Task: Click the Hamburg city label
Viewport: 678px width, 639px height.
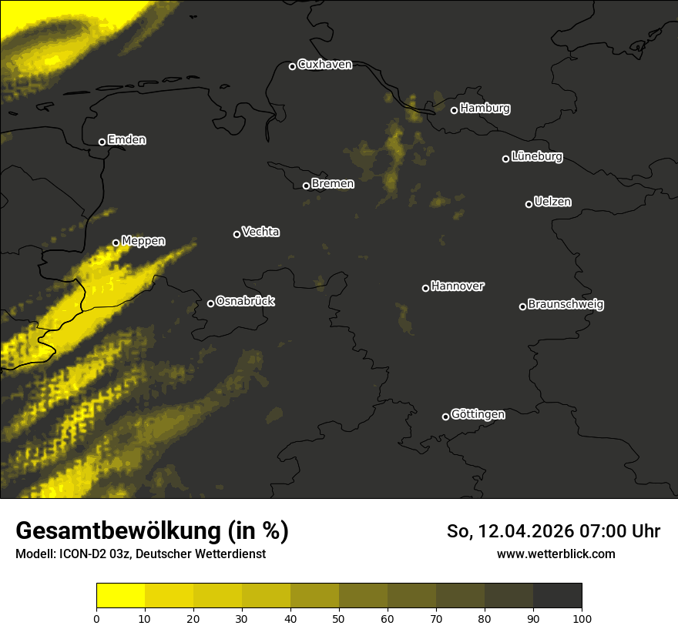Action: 485,109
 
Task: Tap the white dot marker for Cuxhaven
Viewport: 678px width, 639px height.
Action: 292,66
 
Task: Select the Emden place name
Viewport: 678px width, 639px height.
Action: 126,140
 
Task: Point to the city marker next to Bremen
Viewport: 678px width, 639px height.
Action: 306,186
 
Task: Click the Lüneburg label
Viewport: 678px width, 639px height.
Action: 536,157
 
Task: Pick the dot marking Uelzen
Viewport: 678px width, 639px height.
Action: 529,204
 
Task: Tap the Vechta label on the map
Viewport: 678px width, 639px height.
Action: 260,232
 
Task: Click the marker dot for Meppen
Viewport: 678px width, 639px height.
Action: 116,243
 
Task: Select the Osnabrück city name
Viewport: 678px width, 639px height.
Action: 245,301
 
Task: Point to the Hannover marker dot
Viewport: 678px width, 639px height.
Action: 425,288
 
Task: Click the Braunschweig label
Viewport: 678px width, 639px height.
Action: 566,305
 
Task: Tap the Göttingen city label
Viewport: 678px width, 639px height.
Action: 478,415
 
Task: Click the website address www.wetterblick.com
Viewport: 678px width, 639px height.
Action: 555,554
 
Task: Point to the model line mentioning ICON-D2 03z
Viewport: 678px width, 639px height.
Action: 140,554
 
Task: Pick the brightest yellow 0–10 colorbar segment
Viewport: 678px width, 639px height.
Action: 120,596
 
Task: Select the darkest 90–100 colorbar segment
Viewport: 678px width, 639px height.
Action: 557,596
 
